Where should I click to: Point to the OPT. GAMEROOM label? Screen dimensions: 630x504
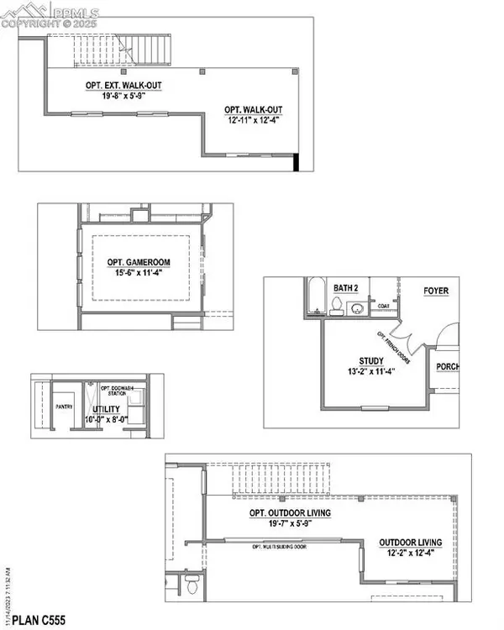coord(141,262)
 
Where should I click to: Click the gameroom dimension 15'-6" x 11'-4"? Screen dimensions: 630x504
coord(141,273)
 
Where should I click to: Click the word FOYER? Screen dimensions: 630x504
coord(436,291)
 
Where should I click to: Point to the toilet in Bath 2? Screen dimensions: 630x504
coord(336,304)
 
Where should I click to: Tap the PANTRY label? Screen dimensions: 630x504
coord(62,406)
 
